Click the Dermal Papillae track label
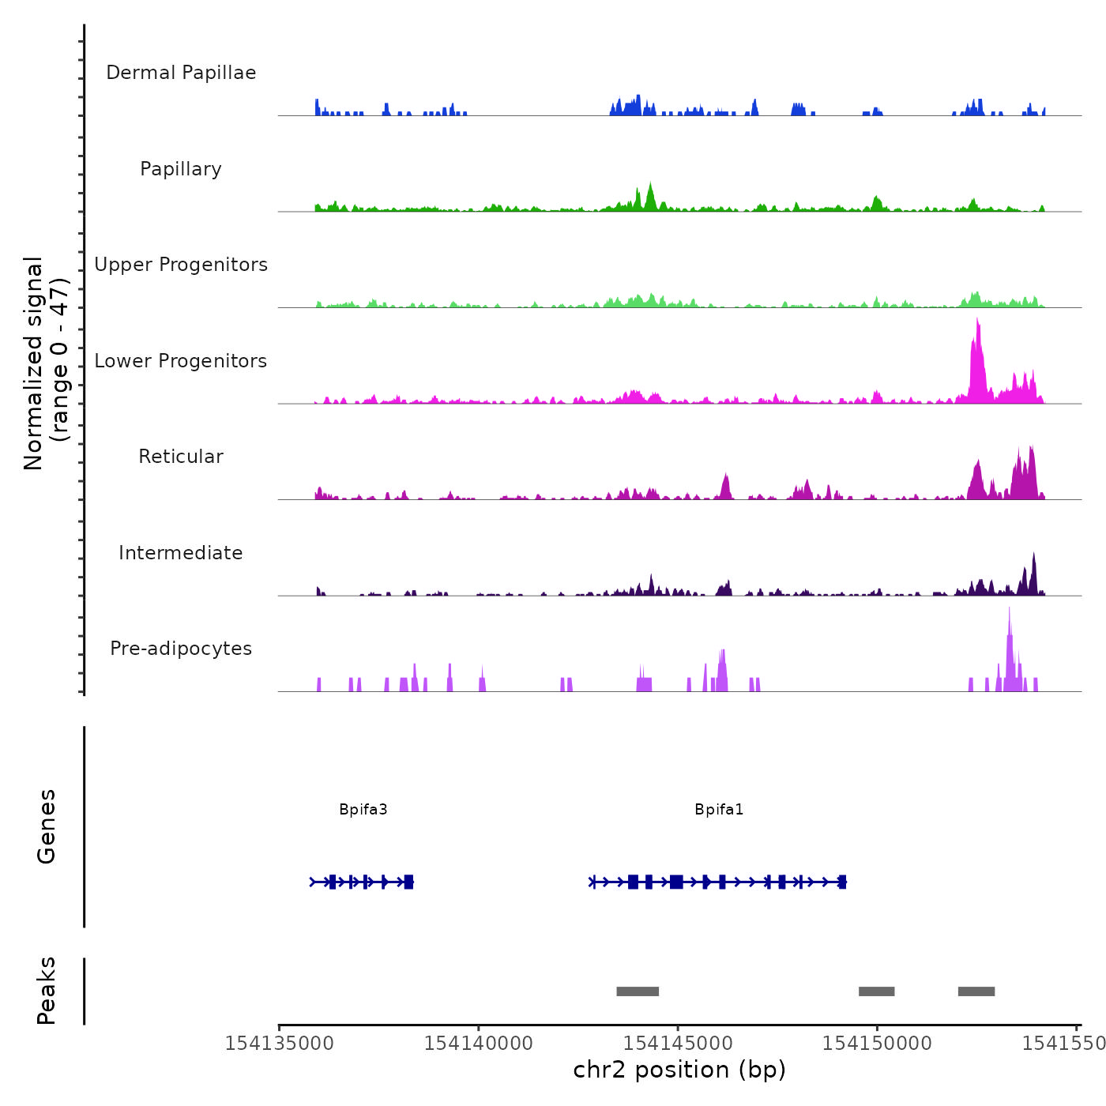(x=181, y=73)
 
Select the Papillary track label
(x=181, y=169)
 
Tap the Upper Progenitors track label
(x=181, y=265)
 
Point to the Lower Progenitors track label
(x=181, y=361)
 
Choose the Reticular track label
(x=181, y=457)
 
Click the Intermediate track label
(x=181, y=553)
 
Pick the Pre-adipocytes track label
(x=181, y=649)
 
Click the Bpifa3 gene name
(x=363, y=810)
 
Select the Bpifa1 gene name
(x=719, y=810)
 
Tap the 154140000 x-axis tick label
(x=479, y=1044)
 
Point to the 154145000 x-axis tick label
(x=678, y=1044)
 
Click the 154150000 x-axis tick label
(x=877, y=1044)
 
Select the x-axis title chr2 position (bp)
(x=679, y=1070)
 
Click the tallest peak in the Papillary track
(x=650, y=186)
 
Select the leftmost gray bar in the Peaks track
(x=638, y=991)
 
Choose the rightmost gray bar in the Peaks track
(x=976, y=991)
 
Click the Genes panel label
(x=47, y=826)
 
